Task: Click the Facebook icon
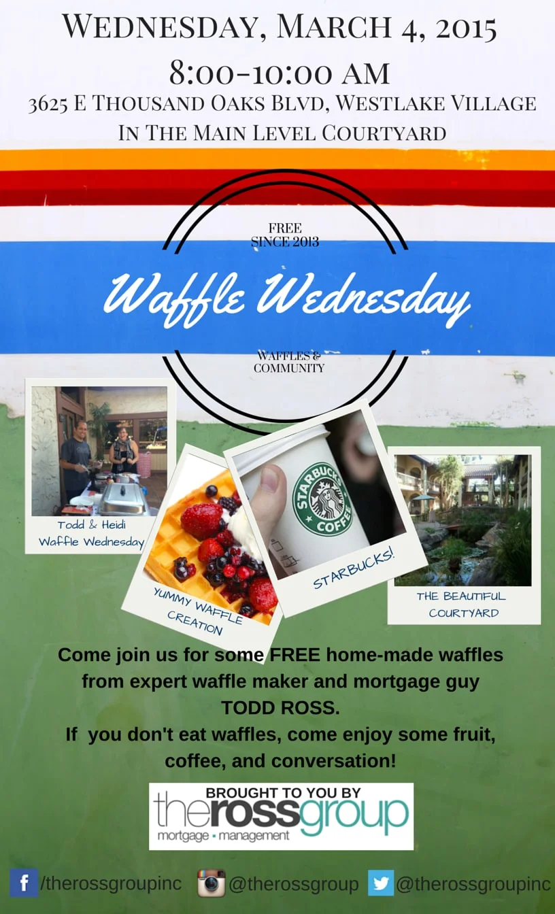[24, 883]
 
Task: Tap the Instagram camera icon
[211, 883]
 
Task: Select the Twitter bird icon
[381, 883]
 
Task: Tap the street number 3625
[48, 104]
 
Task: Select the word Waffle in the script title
[174, 297]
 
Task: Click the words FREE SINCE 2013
[285, 235]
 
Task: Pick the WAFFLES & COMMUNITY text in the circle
[289, 362]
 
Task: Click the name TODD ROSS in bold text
[280, 708]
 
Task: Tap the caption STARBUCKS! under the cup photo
[354, 569]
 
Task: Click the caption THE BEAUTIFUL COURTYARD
[461, 605]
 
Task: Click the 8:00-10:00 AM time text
[280, 73]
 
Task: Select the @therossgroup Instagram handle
[293, 884]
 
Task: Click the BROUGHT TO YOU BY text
[283, 792]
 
